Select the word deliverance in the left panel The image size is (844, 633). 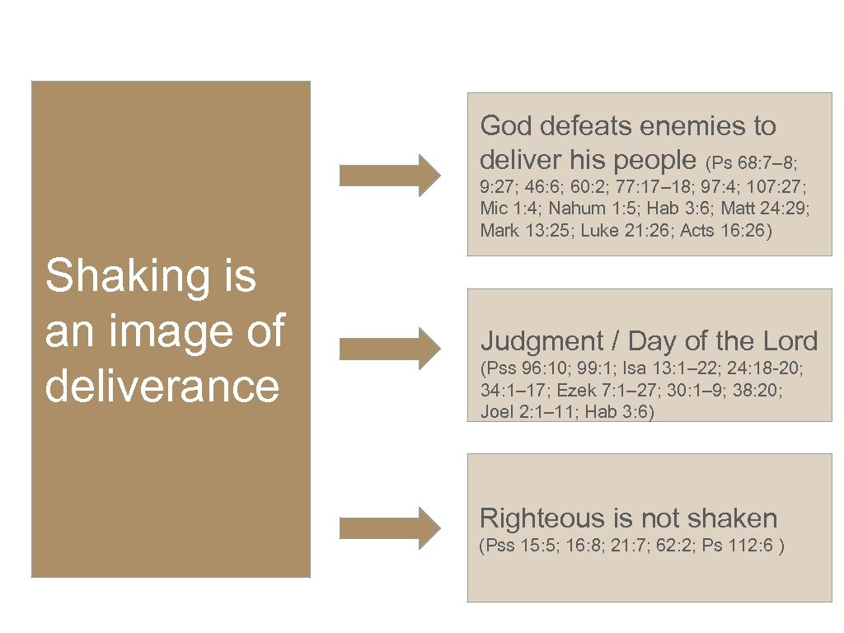pyautogui.click(x=162, y=386)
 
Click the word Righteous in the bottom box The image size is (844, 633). pyautogui.click(x=543, y=518)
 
